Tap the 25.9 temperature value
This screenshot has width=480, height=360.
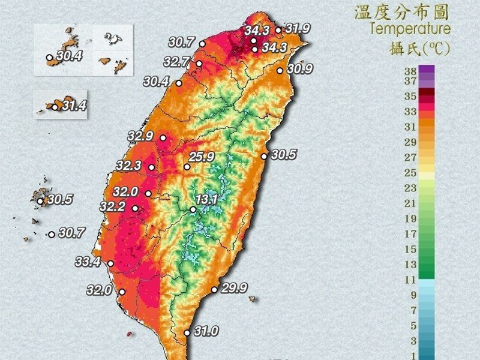coord(202,157)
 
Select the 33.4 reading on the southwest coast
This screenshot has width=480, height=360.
coord(96,261)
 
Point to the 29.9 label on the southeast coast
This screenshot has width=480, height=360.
coord(234,288)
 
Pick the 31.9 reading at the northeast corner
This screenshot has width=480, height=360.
coord(297,28)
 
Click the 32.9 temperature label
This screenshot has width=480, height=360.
coord(141,136)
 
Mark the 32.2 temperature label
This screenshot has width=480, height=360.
coord(113,206)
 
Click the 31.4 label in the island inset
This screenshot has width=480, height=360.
coord(73,106)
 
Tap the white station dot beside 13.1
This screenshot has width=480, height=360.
coord(193,209)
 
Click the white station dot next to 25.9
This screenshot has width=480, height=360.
coord(187,167)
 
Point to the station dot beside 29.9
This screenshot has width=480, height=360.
coord(214,290)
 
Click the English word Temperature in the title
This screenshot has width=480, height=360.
coord(410,29)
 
